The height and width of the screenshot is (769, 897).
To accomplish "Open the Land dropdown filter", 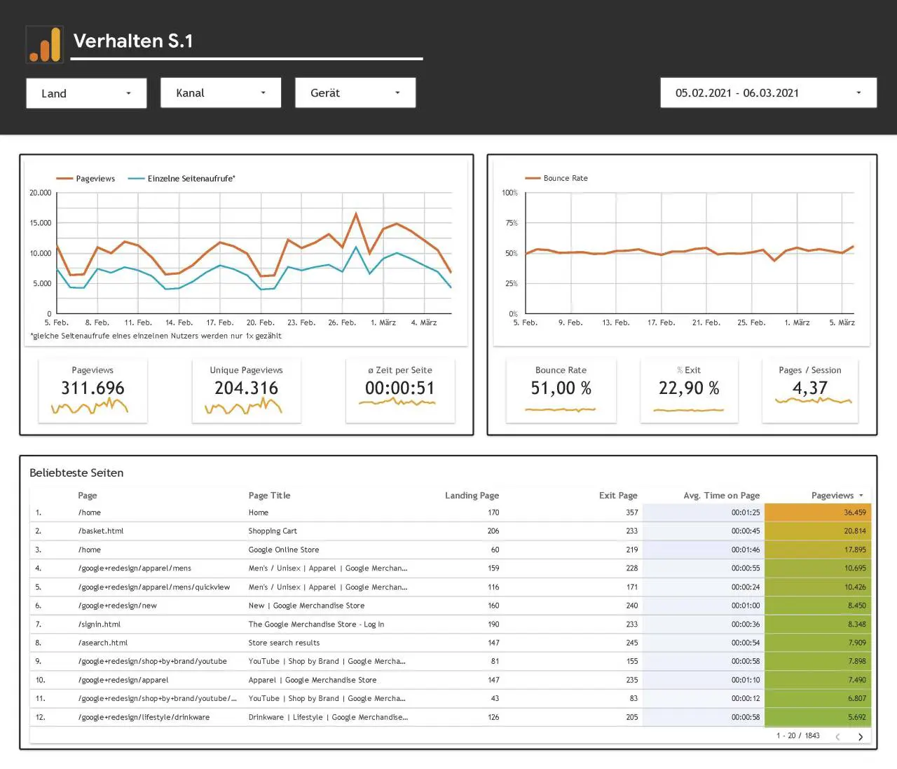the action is point(86,93).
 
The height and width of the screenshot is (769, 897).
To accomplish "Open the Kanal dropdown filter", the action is point(221,93).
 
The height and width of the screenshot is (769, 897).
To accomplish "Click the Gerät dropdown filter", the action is point(355,93).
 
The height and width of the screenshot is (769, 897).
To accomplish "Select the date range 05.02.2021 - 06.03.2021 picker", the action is point(769,93).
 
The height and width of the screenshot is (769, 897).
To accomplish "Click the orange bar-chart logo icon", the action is point(45,44).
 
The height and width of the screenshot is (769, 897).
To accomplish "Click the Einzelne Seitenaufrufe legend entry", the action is point(182,179).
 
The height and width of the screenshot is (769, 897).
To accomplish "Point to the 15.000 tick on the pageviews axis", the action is point(41,223).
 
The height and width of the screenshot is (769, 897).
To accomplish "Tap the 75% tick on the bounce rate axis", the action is point(512,223).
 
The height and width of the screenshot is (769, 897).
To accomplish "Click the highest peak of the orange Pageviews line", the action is point(356,213).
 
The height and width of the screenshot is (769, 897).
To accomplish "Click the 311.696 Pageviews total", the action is point(93,388).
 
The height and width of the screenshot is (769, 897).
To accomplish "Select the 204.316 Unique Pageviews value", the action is point(246,388).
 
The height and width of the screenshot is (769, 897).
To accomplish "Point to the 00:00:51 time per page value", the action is point(399,388).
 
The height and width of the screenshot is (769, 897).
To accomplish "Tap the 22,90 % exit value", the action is point(689,388).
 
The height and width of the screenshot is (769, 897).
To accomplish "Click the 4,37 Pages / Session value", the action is point(810,388).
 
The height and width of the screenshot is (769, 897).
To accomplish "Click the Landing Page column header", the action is point(472,496).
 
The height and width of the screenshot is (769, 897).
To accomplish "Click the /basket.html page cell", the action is point(101,531).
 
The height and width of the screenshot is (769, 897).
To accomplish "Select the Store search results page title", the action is point(284,643).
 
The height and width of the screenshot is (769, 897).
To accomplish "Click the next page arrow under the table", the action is point(861,737).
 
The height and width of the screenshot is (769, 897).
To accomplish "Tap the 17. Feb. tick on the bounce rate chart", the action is point(661,322).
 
